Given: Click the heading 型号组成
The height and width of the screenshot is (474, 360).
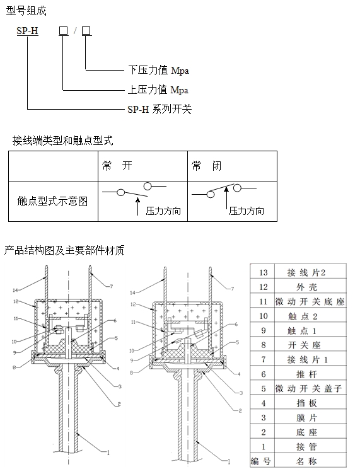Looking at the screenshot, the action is coord(26,11).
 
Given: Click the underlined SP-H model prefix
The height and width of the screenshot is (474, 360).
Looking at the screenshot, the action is coord(27,31).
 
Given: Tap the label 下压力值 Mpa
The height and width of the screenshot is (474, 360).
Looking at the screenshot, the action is coord(159,70).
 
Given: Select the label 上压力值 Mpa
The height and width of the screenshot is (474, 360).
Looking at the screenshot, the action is coord(158,90).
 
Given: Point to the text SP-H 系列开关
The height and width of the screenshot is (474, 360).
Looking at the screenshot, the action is coord(160,109).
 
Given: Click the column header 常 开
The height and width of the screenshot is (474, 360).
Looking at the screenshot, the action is coord(117,166).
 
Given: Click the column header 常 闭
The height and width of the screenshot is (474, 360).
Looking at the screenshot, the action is coord(207,166).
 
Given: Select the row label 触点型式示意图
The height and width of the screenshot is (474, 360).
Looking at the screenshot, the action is coord(52,201).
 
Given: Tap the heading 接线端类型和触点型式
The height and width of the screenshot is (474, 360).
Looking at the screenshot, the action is coord(63,141).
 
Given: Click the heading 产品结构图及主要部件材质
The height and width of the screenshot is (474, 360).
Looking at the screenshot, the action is coord(64,250).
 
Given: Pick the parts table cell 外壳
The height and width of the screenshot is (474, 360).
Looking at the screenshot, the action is coord(306,287).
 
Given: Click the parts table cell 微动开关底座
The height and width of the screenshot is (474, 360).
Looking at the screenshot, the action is coord(310,301).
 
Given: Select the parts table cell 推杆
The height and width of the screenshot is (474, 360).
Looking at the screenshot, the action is coord(306,374).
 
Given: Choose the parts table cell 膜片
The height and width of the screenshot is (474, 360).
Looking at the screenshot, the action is coord(306,418).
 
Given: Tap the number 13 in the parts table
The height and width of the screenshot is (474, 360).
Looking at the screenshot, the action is coord(264,272).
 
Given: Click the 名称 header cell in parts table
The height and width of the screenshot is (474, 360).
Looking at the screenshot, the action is coord(306,461).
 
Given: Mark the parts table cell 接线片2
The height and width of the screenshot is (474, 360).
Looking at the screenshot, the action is coord(306,272).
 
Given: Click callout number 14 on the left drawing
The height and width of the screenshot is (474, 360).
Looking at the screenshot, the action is coord(15,290).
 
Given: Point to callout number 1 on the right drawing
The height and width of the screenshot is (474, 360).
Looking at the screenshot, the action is coord(229,461).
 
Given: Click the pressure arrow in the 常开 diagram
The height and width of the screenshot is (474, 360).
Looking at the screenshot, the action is coord(138,207).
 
